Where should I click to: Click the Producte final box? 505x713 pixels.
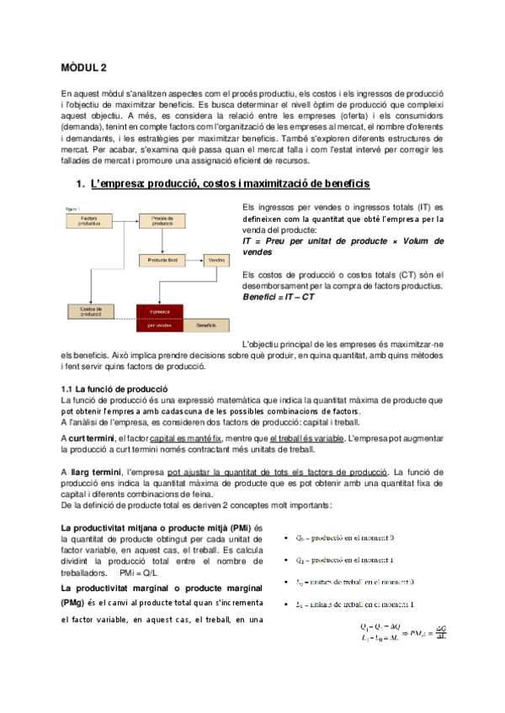coord(160,261)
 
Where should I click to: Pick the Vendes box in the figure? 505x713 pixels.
coord(215,261)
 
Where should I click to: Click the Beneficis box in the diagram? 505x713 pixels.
coord(205,325)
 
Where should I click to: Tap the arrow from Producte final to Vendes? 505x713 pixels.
coord(192,261)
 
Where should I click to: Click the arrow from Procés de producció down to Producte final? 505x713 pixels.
coord(160,240)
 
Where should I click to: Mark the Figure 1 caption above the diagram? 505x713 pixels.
coord(74,207)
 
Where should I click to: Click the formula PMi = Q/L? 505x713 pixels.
coord(150,572)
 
